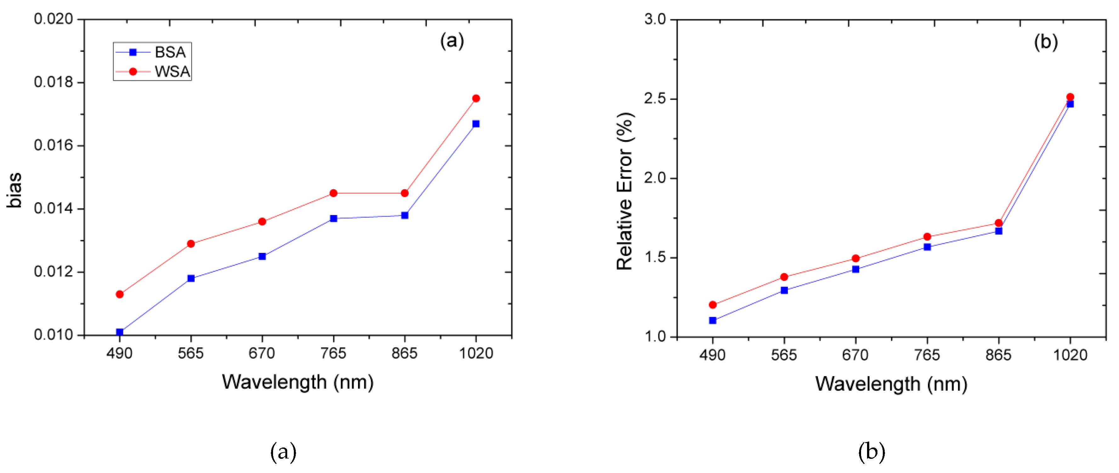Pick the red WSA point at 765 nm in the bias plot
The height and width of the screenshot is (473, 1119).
click(333, 193)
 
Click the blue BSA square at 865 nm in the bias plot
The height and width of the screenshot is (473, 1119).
click(404, 215)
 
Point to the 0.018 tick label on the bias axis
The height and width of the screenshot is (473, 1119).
click(54, 82)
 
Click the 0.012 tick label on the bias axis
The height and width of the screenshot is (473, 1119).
click(54, 272)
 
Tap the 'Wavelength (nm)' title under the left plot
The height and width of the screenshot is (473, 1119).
click(298, 382)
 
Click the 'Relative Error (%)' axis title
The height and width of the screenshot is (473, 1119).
click(625, 191)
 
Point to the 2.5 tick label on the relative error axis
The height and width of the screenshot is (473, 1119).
click(655, 99)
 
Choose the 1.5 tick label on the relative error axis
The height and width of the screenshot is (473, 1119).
click(655, 257)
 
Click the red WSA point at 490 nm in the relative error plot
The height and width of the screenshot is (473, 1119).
click(712, 305)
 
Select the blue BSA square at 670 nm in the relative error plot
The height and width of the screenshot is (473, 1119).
click(855, 269)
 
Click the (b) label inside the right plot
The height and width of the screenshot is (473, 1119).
click(1046, 42)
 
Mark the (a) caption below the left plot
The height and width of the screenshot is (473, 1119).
click(283, 452)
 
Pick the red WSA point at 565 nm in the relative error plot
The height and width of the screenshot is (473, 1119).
click(784, 277)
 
